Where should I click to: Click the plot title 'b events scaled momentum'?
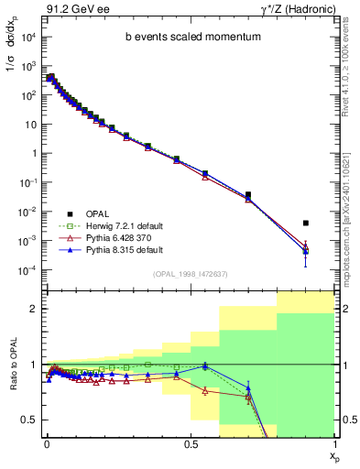coord(188,38)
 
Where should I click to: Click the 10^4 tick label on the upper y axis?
coord(28,37)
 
